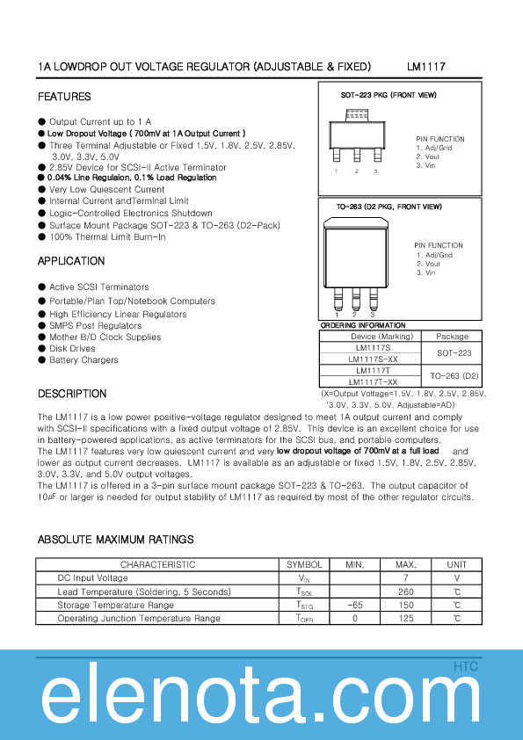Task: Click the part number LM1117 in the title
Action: tap(426, 67)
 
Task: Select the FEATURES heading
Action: tap(64, 97)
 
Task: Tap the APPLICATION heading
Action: tap(71, 261)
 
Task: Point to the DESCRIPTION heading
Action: tap(72, 394)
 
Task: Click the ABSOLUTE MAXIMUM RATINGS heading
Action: tap(115, 540)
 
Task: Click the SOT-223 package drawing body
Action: tap(356, 134)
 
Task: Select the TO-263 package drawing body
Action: tap(356, 255)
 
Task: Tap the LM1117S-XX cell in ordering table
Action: tap(373, 359)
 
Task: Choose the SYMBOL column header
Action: tap(305, 564)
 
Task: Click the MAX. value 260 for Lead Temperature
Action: tap(406, 592)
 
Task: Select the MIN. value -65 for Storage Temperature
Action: tap(355, 606)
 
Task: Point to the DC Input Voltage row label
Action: tap(92, 578)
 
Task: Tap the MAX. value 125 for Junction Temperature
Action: tap(406, 619)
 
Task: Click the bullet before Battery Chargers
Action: tap(42, 359)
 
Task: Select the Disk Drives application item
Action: tap(72, 348)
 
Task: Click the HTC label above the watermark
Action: tap(466, 667)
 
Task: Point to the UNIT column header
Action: tap(457, 564)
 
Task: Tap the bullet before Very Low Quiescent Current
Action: tap(42, 189)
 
